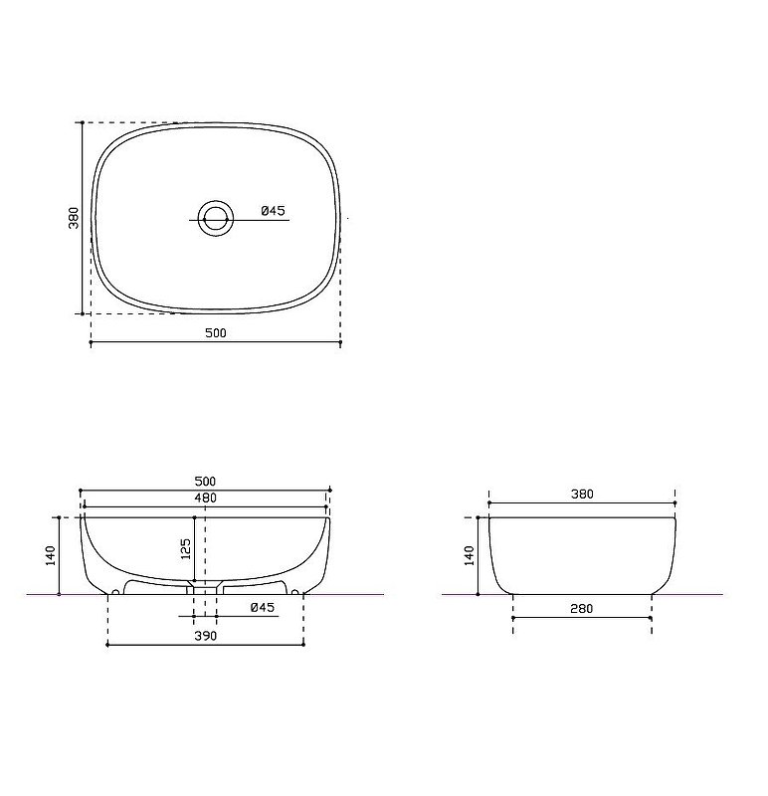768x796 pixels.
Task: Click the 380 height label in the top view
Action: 74,218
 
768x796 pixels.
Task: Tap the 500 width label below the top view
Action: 216,333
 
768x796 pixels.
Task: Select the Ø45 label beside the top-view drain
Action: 274,211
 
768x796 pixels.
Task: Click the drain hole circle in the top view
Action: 216,219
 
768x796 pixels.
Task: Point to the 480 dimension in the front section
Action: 206,498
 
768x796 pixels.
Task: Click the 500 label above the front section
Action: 205,481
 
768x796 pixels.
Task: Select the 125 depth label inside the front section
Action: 186,549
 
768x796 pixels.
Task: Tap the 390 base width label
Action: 206,636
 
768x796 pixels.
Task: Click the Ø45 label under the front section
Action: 263,607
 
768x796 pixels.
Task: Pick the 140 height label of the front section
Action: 51,555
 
